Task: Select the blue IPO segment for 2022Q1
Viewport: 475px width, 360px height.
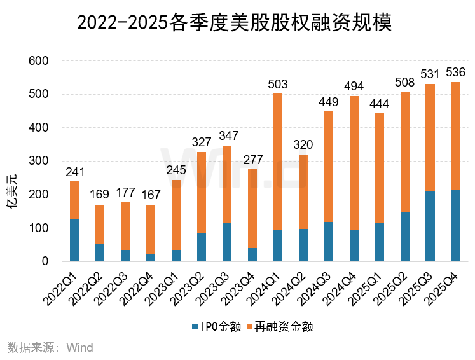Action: click(75, 240)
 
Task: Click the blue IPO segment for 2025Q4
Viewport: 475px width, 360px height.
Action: click(455, 226)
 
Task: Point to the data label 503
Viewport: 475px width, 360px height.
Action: click(278, 85)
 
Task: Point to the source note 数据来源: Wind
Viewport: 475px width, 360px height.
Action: click(50, 347)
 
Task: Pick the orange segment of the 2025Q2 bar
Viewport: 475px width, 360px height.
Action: click(404, 152)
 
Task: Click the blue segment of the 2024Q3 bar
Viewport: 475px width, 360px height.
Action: click(329, 242)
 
